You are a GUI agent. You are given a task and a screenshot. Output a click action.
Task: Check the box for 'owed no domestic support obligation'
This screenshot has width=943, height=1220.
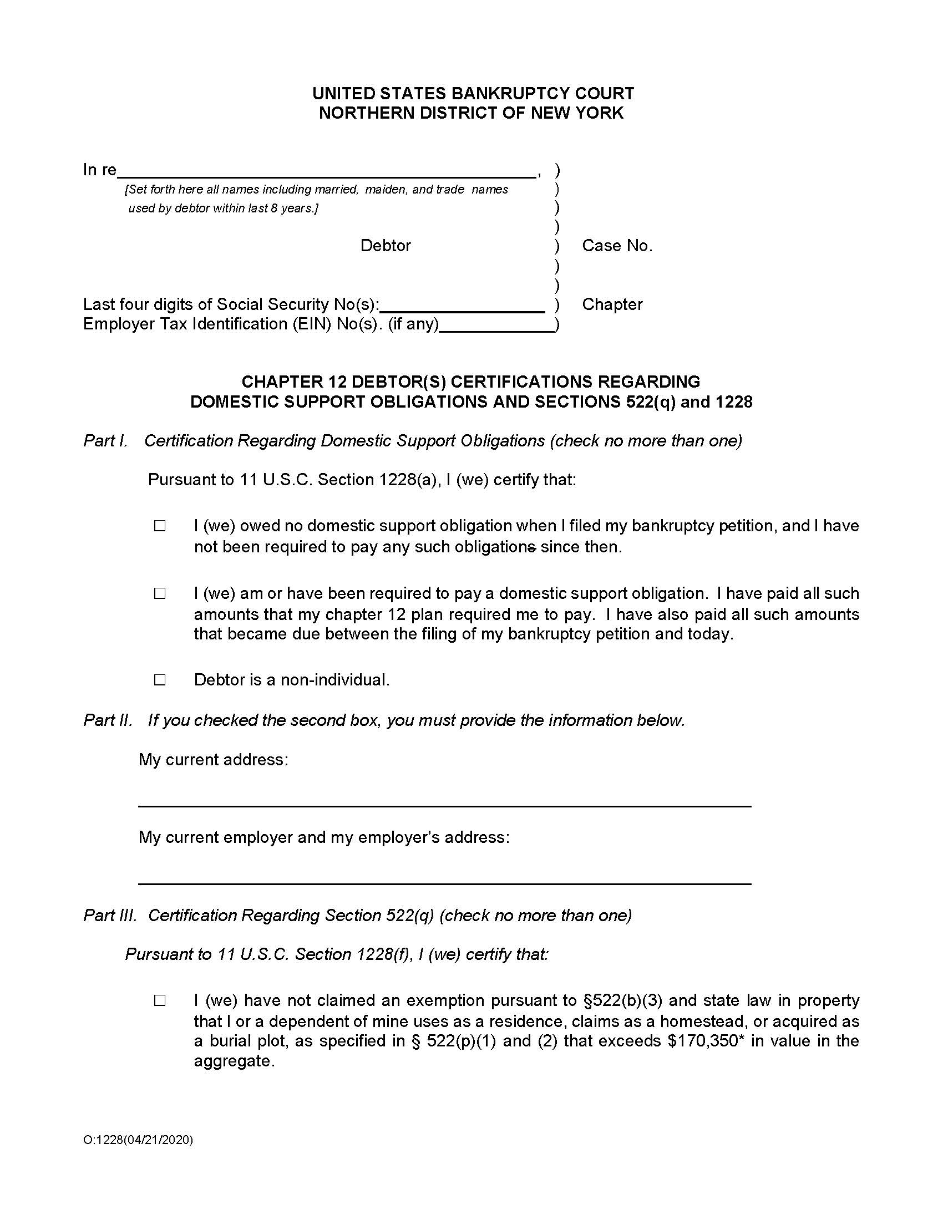[x=160, y=526]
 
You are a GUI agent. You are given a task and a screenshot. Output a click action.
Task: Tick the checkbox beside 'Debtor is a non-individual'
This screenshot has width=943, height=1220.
[x=160, y=680]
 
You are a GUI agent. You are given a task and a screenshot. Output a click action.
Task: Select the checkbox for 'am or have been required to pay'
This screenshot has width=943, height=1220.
[x=160, y=593]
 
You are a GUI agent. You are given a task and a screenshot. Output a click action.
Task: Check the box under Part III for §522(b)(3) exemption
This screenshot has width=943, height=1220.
[x=160, y=1000]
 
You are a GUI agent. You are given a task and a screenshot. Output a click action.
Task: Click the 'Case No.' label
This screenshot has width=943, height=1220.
[x=617, y=246]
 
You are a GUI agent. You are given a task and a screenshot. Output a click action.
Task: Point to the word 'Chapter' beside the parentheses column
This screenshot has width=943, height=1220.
[x=612, y=304]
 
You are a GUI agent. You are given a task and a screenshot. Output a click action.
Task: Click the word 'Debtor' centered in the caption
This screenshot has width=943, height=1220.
[x=386, y=246]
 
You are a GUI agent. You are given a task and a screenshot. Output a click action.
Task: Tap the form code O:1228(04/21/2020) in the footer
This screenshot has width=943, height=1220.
[x=138, y=1140]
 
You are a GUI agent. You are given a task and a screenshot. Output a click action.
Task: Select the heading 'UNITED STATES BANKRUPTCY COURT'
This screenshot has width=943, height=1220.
[x=473, y=93]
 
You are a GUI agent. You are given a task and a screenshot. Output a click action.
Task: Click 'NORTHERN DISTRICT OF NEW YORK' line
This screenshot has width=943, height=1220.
[x=471, y=113]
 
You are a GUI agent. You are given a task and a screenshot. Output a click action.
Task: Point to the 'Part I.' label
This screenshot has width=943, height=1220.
[x=105, y=441]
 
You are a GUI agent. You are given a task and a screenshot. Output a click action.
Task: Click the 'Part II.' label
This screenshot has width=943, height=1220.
[x=108, y=720]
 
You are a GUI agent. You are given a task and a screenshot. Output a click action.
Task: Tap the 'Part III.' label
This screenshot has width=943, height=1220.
[x=110, y=915]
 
